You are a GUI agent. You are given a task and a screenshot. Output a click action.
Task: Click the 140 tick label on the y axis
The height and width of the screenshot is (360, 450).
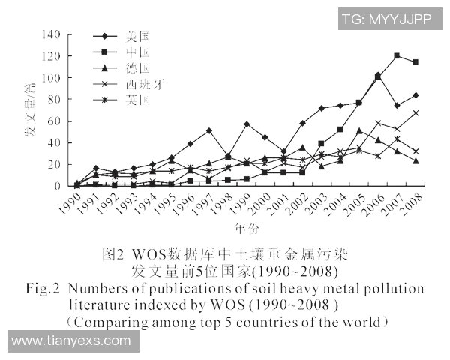point(51,34)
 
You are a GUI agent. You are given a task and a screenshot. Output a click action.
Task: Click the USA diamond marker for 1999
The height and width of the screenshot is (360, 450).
point(247,124)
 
